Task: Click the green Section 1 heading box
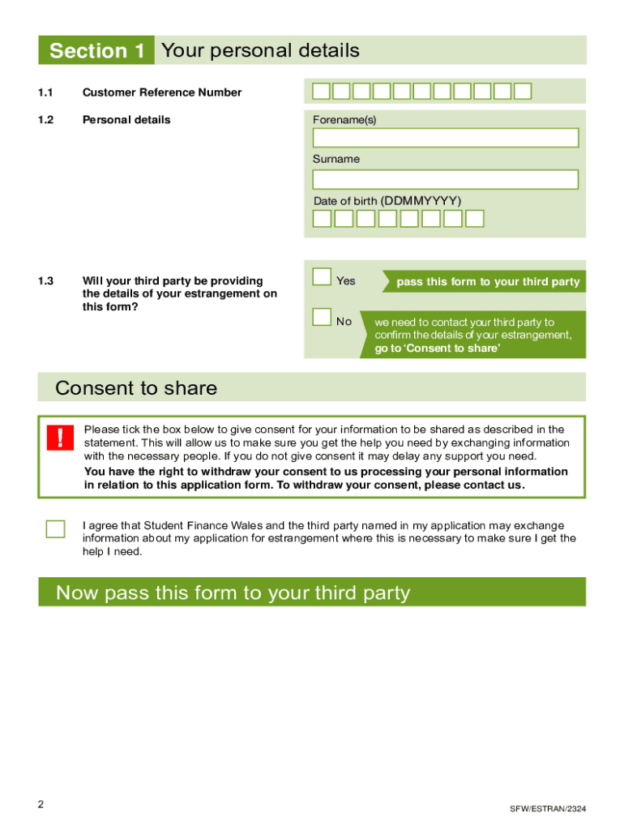pyautogui.click(x=96, y=51)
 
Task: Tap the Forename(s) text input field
pyautogui.click(x=445, y=138)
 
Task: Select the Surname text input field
pyautogui.click(x=445, y=179)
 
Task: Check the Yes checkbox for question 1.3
pyautogui.click(x=322, y=278)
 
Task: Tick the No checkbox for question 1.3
pyautogui.click(x=322, y=317)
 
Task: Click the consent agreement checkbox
pyautogui.click(x=55, y=529)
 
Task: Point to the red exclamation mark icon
pyautogui.click(x=60, y=438)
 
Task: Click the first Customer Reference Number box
pyautogui.click(x=322, y=91)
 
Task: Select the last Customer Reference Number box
pyautogui.click(x=523, y=91)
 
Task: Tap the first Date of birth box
pyautogui.click(x=322, y=218)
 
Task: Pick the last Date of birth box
pyautogui.click(x=475, y=218)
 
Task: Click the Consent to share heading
pyautogui.click(x=136, y=388)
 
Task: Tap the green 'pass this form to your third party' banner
pyautogui.click(x=487, y=282)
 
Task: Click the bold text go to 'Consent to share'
pyautogui.click(x=438, y=349)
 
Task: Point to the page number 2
pyautogui.click(x=41, y=804)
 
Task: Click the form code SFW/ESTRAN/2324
pyautogui.click(x=548, y=809)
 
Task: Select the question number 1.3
pyautogui.click(x=45, y=281)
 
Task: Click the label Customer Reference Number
pyautogui.click(x=162, y=92)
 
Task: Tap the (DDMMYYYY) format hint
pyautogui.click(x=421, y=200)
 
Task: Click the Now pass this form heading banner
pyautogui.click(x=312, y=593)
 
